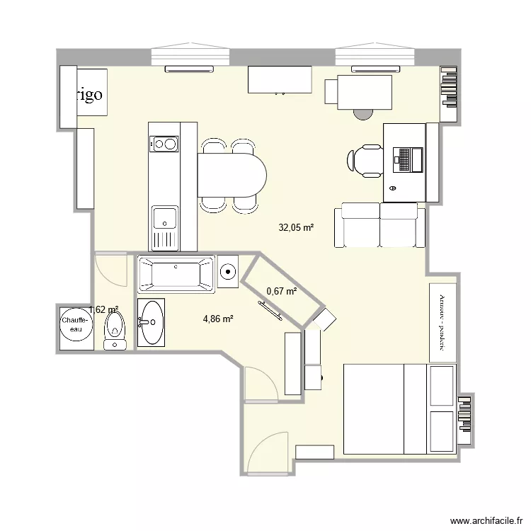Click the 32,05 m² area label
(296, 228)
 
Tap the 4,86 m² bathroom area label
(218, 319)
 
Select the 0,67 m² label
(281, 291)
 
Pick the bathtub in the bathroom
(176, 275)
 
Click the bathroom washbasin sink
(151, 322)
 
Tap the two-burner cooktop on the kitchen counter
(164, 144)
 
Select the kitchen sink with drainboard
(164, 227)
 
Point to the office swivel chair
(367, 161)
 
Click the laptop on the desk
(407, 159)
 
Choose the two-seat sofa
(379, 225)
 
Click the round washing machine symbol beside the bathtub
(229, 270)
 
